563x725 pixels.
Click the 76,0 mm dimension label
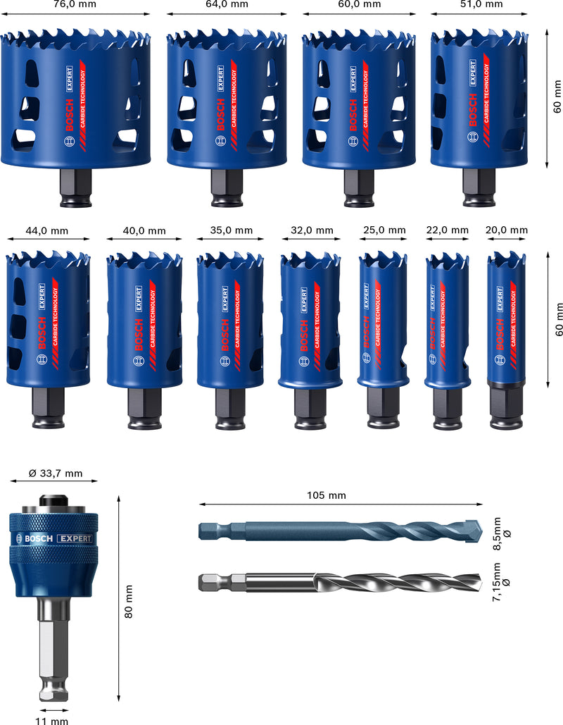point(75,4)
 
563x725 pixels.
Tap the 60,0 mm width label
point(361,4)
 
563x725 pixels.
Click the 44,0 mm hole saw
point(48,317)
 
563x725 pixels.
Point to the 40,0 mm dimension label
point(145,230)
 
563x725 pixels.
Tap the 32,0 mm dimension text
point(312,230)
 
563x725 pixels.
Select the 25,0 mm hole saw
point(383,321)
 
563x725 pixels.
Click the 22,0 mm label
point(447,230)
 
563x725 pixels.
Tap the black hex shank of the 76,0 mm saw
point(75,189)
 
